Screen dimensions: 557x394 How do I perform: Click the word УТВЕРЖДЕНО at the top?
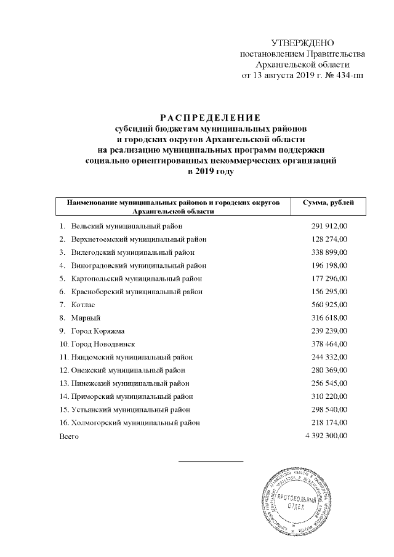click(x=302, y=42)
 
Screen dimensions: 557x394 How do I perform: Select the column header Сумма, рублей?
click(x=328, y=202)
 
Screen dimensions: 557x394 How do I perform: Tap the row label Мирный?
click(x=84, y=318)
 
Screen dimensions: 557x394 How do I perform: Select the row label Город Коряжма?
click(x=94, y=331)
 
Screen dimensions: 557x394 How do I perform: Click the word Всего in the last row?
click(x=69, y=435)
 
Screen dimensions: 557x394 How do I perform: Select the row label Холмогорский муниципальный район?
click(x=135, y=422)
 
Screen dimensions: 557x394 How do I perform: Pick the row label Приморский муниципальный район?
click(x=131, y=396)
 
